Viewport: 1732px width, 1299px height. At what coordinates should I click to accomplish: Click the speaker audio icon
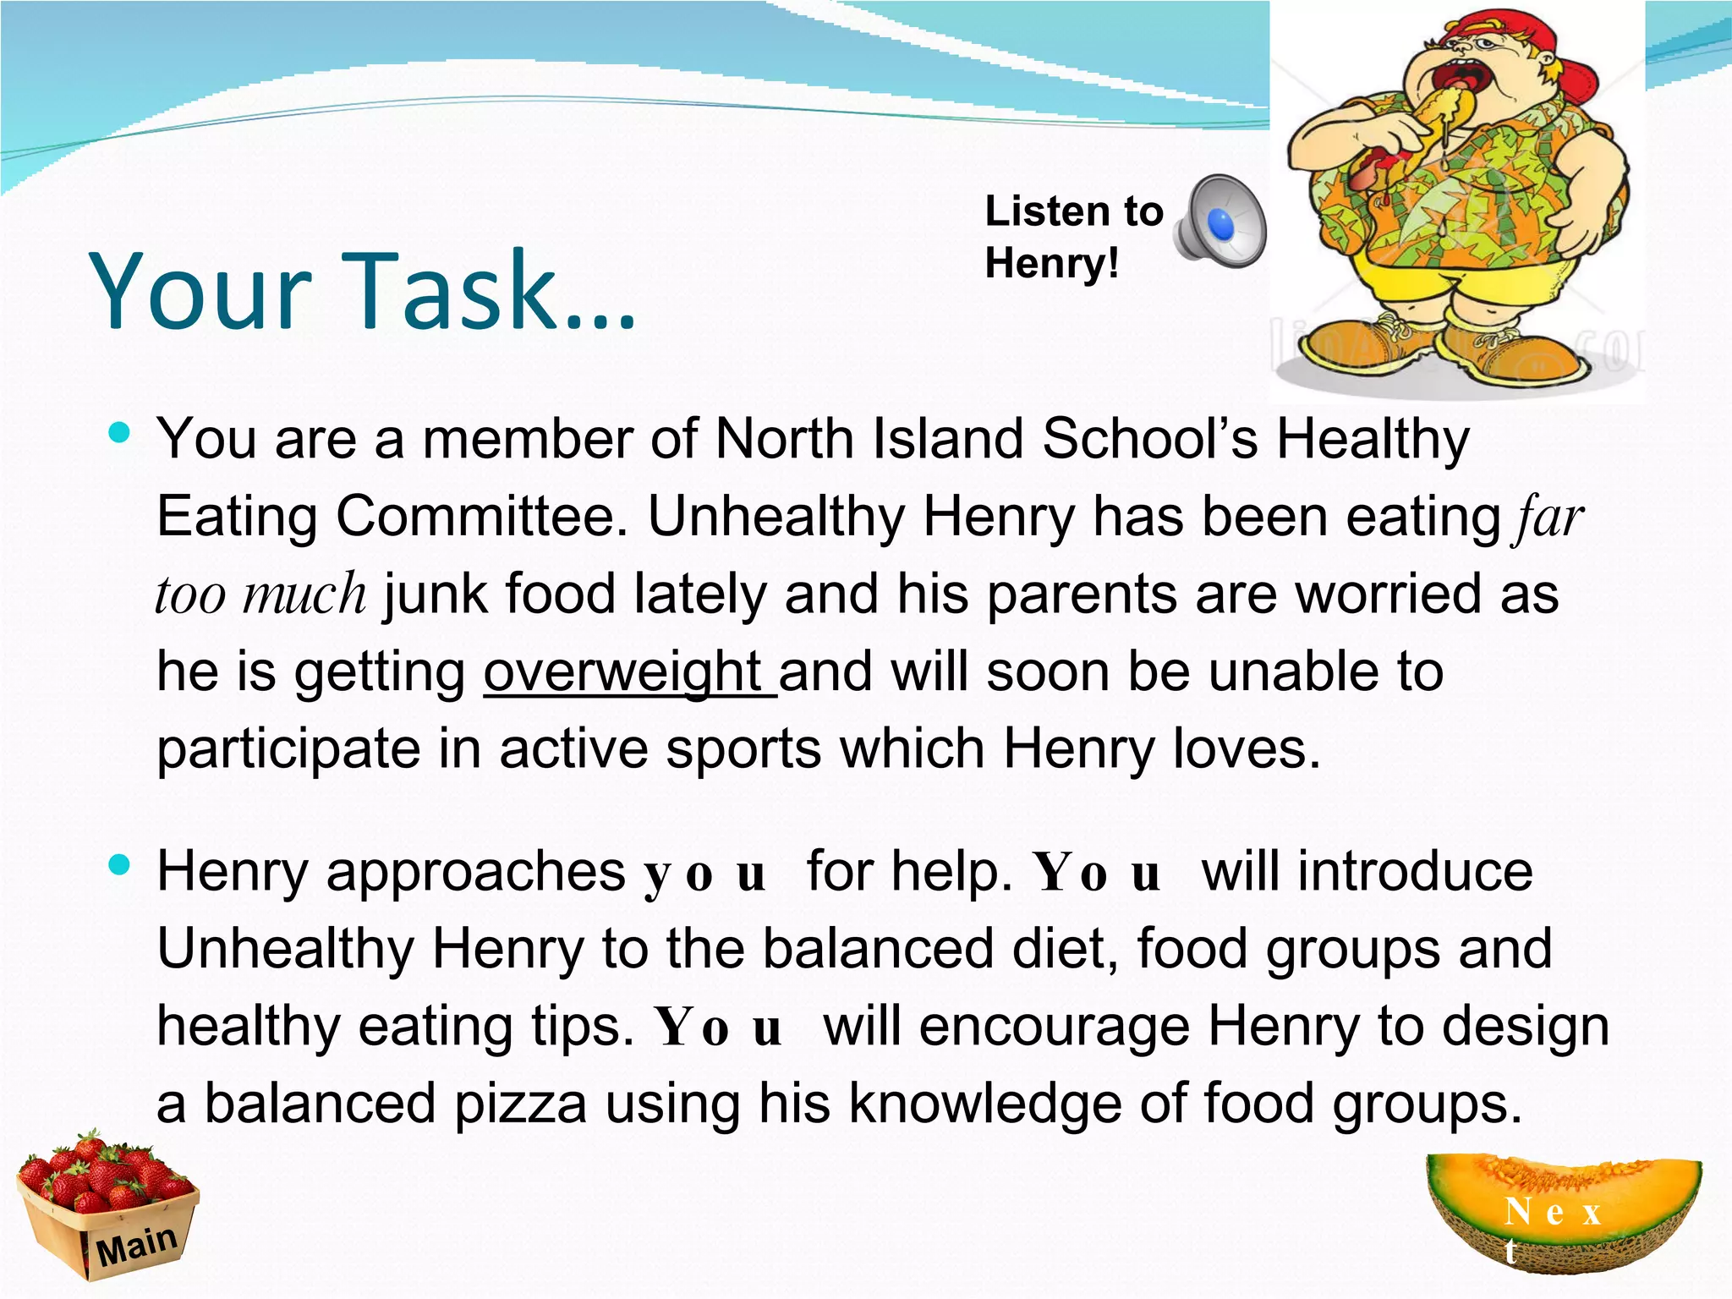click(x=1220, y=222)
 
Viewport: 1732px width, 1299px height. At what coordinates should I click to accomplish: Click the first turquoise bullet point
click(x=119, y=434)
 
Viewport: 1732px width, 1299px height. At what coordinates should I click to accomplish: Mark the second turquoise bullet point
click(x=119, y=865)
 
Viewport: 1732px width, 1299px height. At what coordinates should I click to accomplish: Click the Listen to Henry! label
click(x=1072, y=237)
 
